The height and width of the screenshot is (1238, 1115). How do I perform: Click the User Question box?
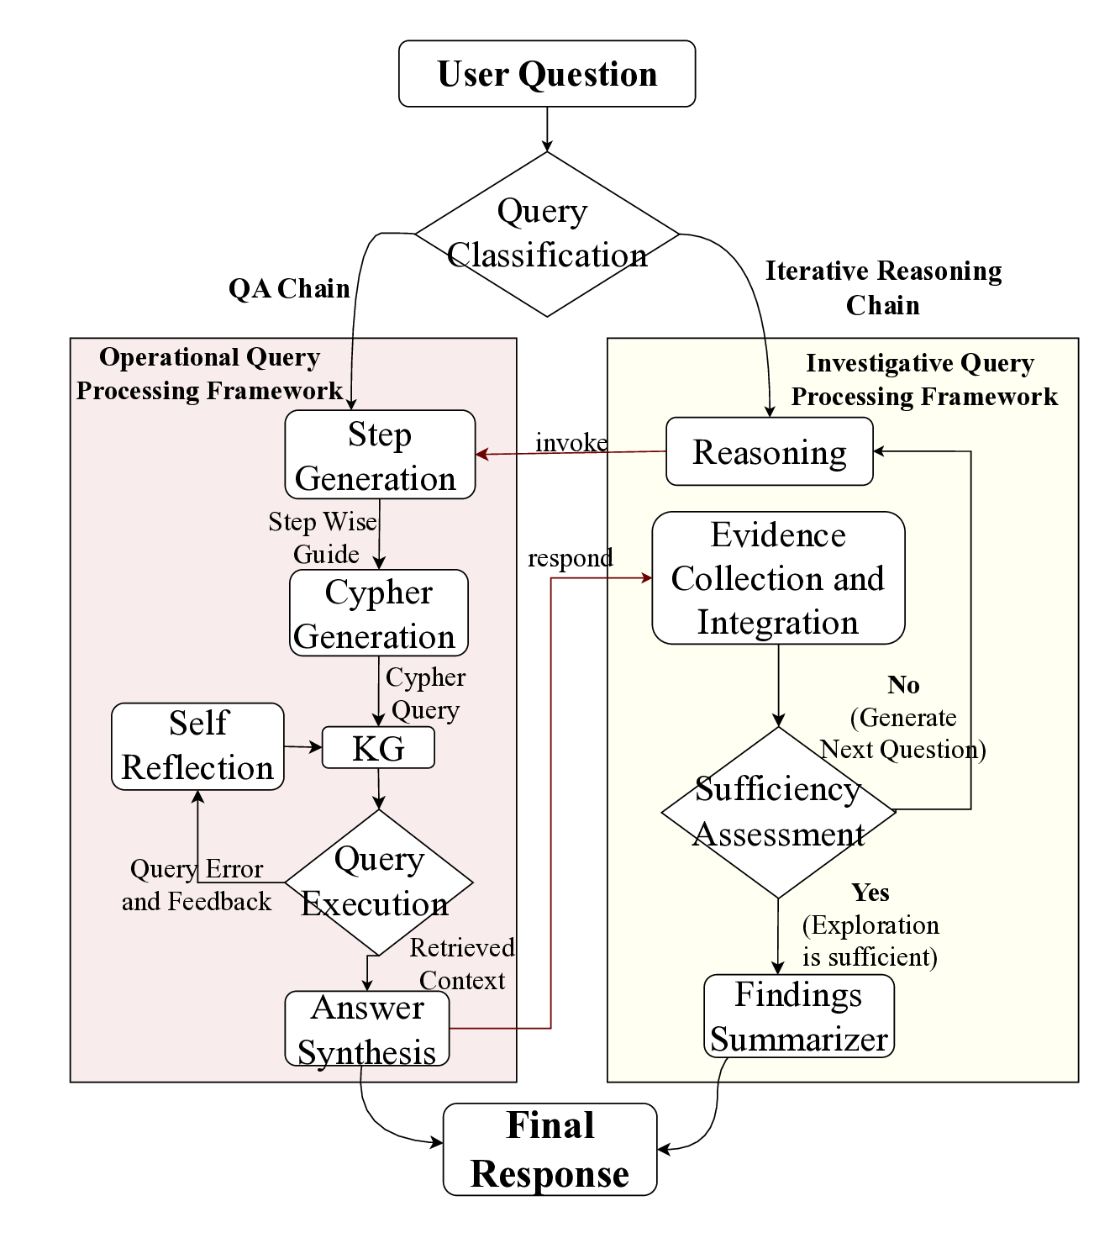[x=547, y=74]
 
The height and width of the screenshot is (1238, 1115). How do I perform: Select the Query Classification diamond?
[x=547, y=234]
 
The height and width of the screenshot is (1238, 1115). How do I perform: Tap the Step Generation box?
[x=380, y=455]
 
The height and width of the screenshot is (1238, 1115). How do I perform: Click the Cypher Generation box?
[x=378, y=614]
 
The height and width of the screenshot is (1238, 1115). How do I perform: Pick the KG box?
[x=378, y=748]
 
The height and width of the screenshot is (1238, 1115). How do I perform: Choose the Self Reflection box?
[x=197, y=746]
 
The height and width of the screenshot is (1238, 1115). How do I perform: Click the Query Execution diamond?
[x=379, y=882]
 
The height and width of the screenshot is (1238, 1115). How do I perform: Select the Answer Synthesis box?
[x=367, y=1029]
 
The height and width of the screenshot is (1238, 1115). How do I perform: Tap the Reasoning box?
[x=769, y=452]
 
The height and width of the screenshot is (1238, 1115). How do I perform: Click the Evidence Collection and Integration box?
[x=778, y=578]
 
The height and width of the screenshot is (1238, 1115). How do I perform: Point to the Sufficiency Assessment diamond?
[x=778, y=812]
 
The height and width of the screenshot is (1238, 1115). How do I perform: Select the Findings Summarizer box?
[x=798, y=1016]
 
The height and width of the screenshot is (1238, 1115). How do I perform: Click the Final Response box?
[x=550, y=1150]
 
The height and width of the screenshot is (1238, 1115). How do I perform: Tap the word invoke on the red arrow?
[x=571, y=442]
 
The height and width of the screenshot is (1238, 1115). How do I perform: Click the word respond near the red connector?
[x=570, y=558]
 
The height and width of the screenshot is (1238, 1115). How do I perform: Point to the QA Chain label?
[x=289, y=288]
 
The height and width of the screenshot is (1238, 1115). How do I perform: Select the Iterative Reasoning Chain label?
[x=883, y=287]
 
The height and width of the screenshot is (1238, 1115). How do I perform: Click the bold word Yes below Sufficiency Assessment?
[x=870, y=892]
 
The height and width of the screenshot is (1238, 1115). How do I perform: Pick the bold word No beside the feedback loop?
[x=903, y=685]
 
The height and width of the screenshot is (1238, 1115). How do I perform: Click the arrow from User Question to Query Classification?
[x=547, y=129]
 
